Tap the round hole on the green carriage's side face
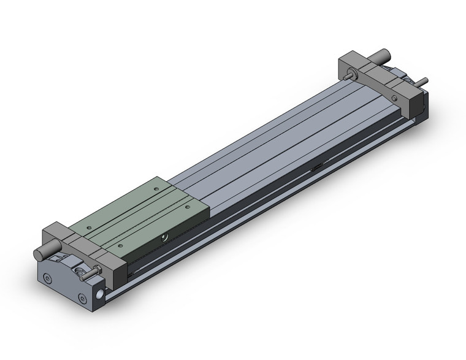pos(164,236)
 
